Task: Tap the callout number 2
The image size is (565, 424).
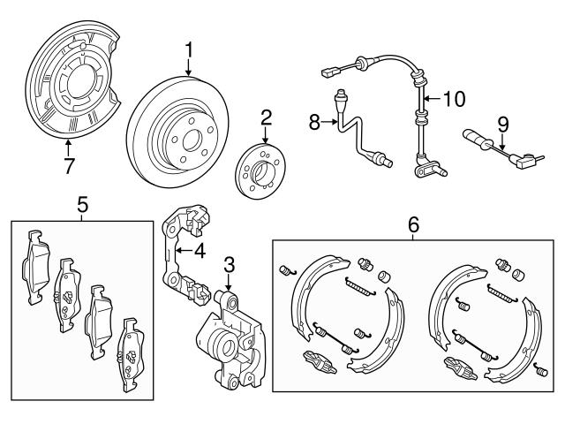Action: pos(267,117)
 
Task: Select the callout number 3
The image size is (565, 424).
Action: pos(229,263)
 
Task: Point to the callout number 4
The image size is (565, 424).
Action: pos(200,250)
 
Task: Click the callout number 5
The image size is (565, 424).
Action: pos(82,206)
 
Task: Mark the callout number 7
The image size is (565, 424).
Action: pos(69,165)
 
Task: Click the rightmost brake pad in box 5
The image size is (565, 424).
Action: pos(131,353)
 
